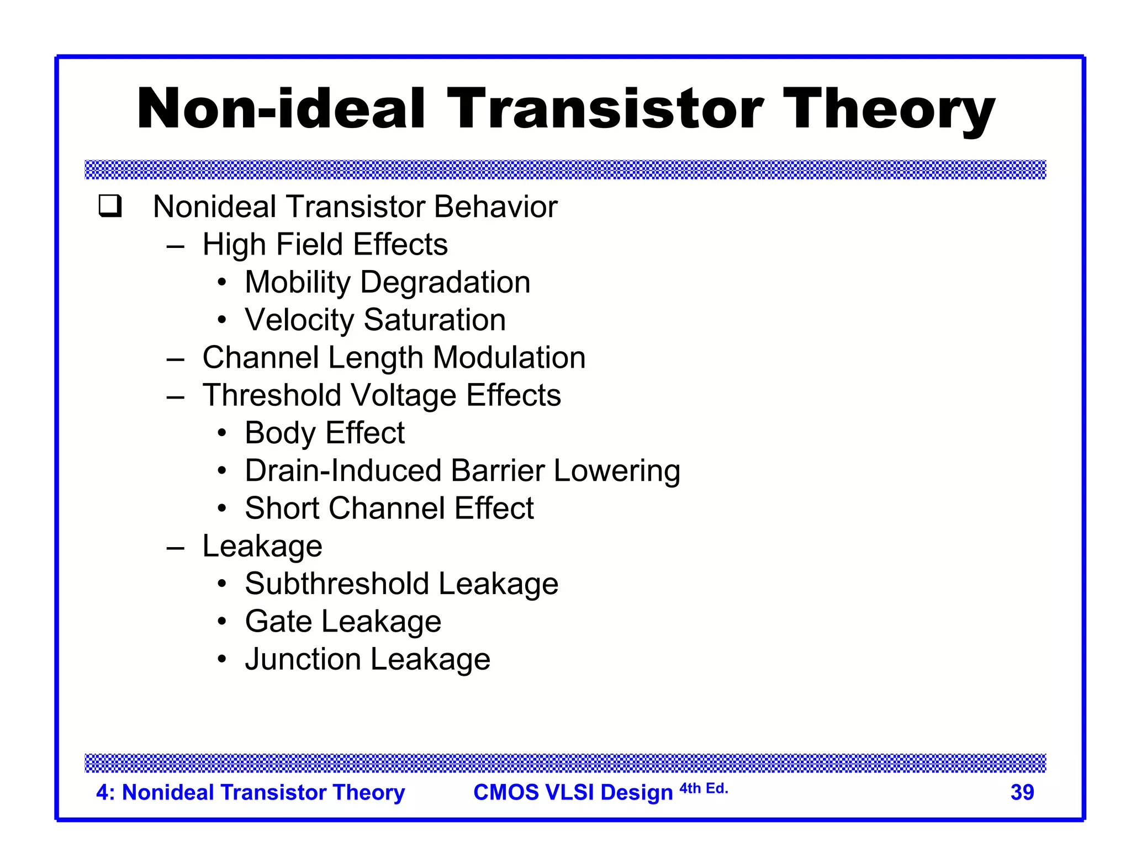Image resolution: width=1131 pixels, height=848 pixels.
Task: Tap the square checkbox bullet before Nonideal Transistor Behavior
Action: [x=110, y=206]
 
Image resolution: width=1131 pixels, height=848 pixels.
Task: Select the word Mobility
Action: [x=297, y=283]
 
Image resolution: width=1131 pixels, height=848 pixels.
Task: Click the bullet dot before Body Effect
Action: [x=221, y=433]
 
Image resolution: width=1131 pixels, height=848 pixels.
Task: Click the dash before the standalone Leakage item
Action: [x=175, y=547]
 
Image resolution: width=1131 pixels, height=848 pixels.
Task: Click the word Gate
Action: [x=278, y=622]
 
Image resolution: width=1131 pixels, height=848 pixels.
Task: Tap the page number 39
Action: [x=1022, y=792]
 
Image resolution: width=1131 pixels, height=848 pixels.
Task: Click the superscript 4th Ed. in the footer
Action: [x=704, y=788]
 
